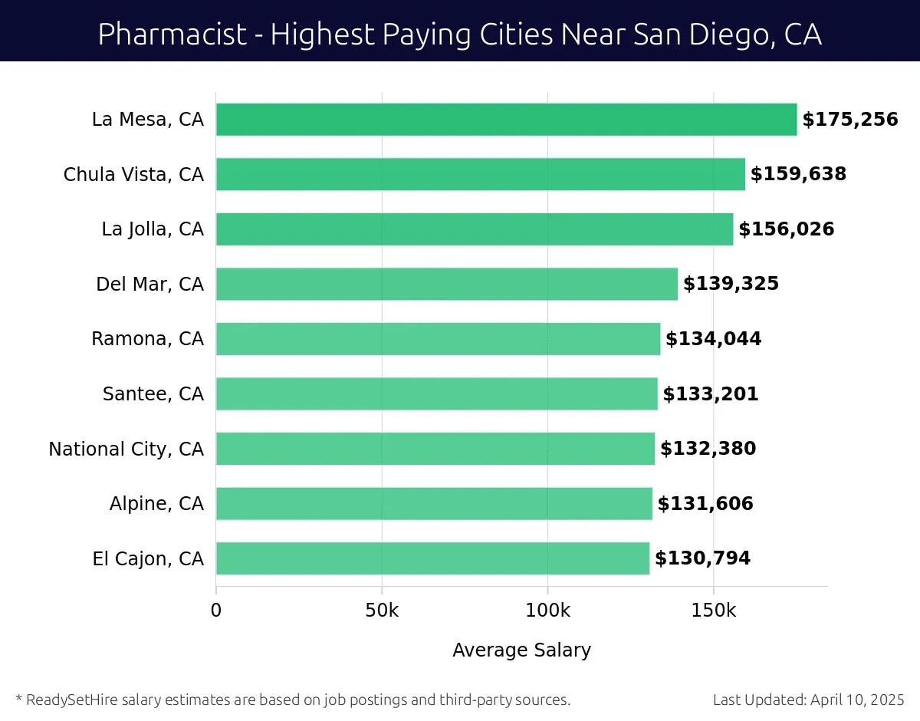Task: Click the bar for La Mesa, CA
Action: (x=506, y=120)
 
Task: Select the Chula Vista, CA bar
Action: (x=480, y=174)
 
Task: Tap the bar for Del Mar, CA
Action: (x=446, y=284)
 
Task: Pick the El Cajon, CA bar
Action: (x=432, y=558)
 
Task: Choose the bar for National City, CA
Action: (x=435, y=449)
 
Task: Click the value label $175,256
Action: (x=849, y=120)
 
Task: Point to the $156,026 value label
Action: (x=786, y=229)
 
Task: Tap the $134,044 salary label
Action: (x=713, y=339)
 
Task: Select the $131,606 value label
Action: (x=705, y=504)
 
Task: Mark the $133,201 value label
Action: (x=710, y=394)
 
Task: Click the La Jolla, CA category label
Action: (x=153, y=229)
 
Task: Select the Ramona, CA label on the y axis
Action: (x=147, y=339)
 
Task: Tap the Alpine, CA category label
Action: (x=156, y=504)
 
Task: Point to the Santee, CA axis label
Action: (x=153, y=394)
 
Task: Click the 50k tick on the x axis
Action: (x=382, y=611)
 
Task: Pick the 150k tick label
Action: (x=714, y=611)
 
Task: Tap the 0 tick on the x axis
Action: (x=216, y=611)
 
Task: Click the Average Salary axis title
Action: (x=521, y=650)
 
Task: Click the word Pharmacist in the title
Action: (x=173, y=34)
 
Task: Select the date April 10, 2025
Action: (x=856, y=700)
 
